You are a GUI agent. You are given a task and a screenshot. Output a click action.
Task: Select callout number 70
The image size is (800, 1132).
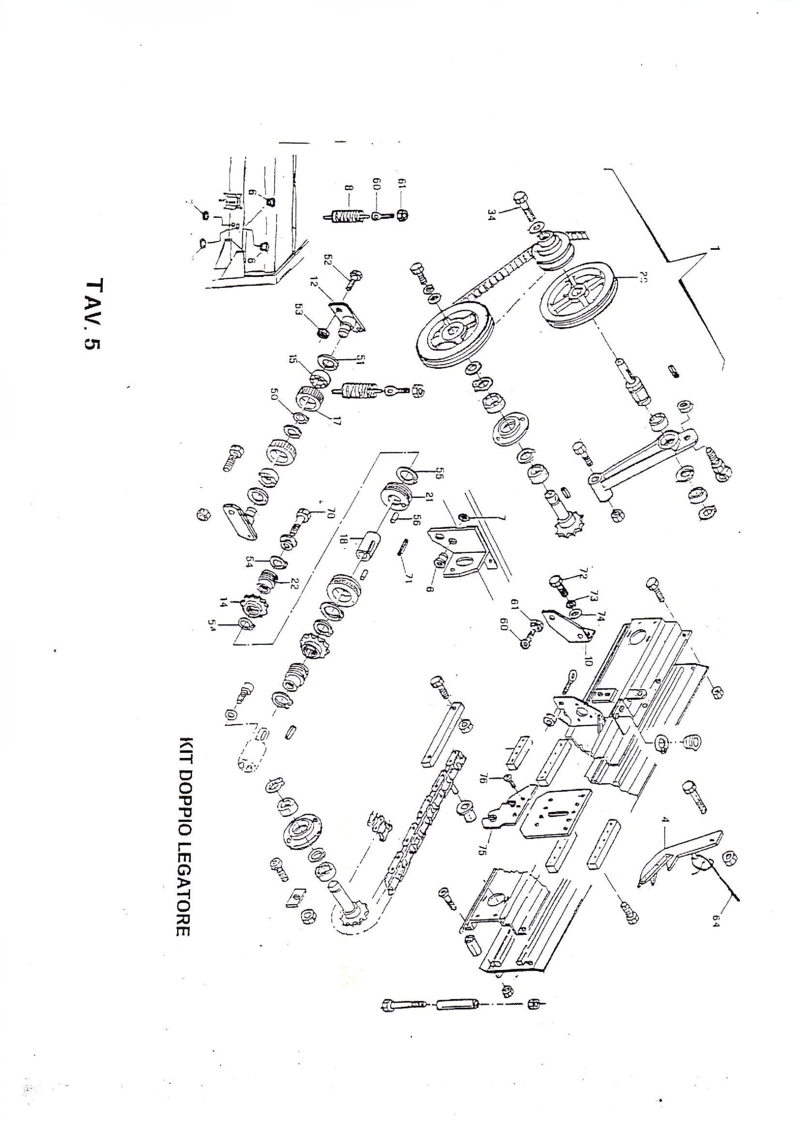tap(330, 515)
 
